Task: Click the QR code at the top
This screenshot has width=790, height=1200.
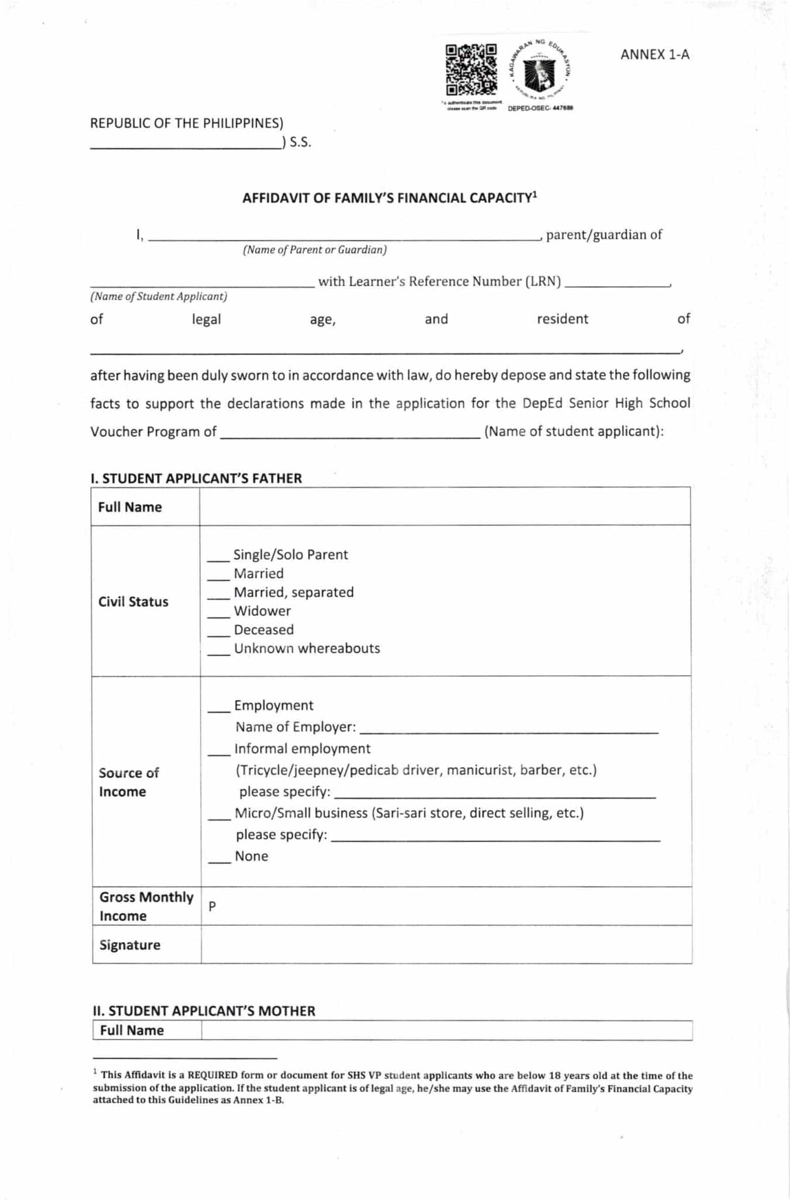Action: coord(471,70)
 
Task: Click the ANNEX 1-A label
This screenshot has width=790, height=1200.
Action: coord(655,54)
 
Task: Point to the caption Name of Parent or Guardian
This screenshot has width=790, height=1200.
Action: coord(314,250)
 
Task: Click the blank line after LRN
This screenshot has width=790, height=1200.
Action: coord(617,284)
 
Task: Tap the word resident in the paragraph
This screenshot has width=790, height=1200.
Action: coord(562,319)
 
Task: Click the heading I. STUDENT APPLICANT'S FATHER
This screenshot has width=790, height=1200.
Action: coord(196,478)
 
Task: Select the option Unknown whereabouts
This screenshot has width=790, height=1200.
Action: coord(306,648)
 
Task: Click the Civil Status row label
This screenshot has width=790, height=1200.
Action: coord(133,602)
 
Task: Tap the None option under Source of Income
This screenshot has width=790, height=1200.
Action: coord(251,856)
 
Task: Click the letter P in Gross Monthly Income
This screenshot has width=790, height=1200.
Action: coord(212,906)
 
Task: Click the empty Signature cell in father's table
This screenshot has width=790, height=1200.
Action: coord(446,945)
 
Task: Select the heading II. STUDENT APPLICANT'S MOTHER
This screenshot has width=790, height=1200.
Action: coord(204,1011)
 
